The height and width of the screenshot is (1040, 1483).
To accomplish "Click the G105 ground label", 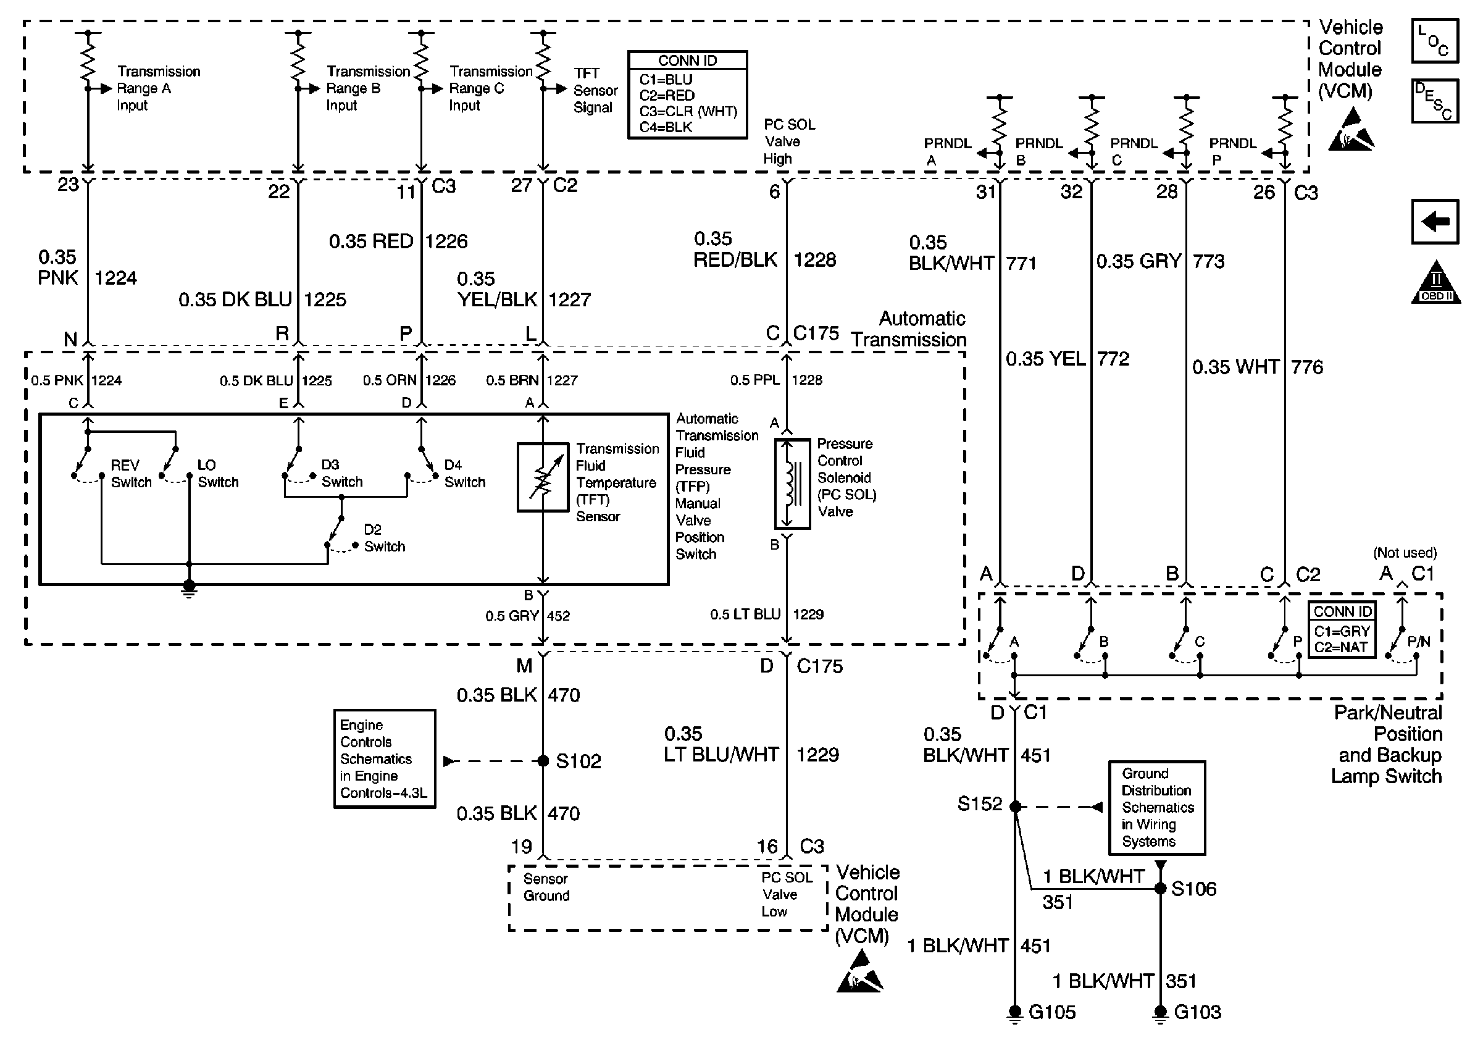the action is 1052,1012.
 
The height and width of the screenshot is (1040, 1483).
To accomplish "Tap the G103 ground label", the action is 1198,1012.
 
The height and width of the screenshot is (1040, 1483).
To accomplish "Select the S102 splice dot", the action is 543,761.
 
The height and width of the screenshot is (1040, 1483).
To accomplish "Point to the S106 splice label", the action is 1193,889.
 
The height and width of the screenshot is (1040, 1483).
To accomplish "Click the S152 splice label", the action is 980,803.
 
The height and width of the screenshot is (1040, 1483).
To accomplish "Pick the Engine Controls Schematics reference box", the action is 384,759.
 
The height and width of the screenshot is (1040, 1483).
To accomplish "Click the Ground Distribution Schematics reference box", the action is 1157,807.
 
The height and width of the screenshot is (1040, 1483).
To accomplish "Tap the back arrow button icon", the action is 1435,222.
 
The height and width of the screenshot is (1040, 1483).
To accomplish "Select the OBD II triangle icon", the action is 1436,282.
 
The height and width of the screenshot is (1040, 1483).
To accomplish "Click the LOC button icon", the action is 1435,41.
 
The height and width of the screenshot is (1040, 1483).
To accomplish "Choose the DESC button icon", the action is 1435,101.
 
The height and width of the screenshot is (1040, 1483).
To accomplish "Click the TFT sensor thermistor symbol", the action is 543,477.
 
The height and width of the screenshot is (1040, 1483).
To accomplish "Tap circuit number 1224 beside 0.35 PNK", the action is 115,279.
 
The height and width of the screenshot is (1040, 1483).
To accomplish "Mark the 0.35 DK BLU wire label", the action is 235,300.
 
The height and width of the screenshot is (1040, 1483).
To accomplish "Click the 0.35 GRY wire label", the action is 1138,262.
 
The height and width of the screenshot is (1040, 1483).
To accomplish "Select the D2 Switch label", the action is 384,538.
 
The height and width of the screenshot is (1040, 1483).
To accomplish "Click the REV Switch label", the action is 131,474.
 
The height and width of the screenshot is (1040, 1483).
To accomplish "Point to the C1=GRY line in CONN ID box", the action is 1342,632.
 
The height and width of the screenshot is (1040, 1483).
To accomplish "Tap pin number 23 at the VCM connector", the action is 68,185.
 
